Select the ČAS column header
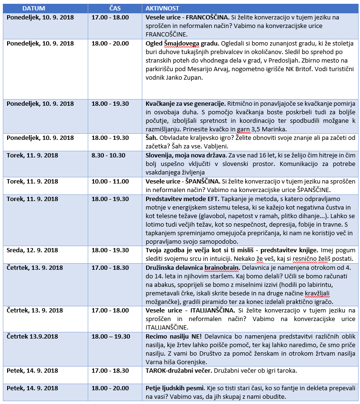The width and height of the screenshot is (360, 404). click(115, 9)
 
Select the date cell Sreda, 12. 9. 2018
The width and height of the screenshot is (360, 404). click(32, 249)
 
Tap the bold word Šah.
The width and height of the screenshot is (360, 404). click(151, 138)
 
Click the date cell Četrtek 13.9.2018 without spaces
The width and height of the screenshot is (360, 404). click(32, 336)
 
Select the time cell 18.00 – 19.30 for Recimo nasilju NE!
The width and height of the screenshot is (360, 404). click(112, 336)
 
